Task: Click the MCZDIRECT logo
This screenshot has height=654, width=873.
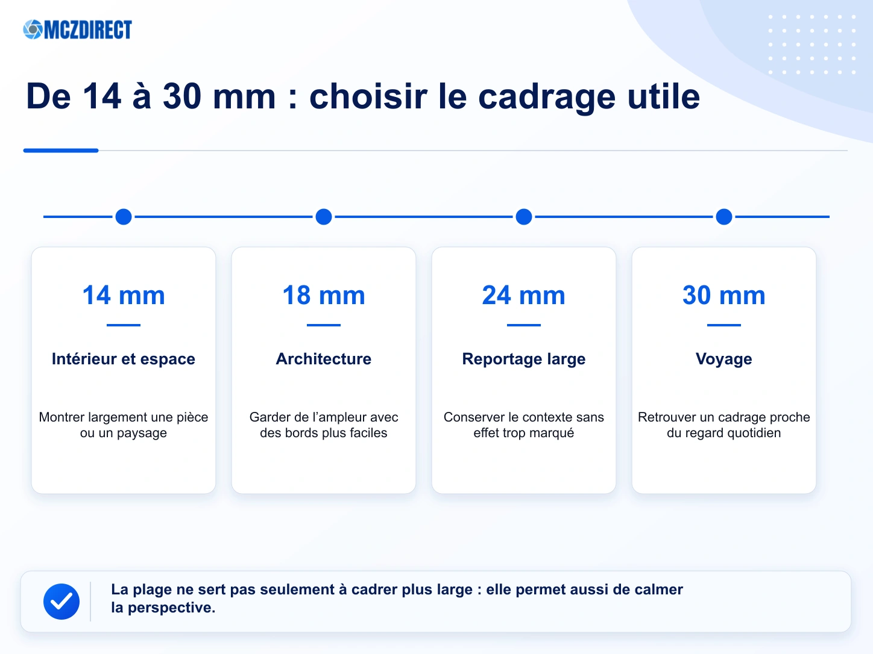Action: (78, 30)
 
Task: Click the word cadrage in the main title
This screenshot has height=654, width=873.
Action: (547, 98)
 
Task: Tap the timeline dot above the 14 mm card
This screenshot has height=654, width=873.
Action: (124, 217)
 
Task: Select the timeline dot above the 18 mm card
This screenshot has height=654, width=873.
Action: (324, 217)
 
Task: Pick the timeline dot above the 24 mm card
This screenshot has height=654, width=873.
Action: (524, 217)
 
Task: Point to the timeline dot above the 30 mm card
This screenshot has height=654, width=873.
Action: (724, 217)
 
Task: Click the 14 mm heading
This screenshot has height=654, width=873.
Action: (124, 295)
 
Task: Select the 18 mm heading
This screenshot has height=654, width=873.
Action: (324, 295)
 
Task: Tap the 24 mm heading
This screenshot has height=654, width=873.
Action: (524, 295)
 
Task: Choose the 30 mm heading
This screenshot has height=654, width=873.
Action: (724, 295)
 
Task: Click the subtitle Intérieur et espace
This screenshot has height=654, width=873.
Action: (124, 359)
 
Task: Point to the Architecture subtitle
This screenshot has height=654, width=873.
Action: (324, 359)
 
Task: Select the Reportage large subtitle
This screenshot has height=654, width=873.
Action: (524, 360)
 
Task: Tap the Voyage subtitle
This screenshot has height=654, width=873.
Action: (724, 360)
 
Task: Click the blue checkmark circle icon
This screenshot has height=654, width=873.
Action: (61, 602)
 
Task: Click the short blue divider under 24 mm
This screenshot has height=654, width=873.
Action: (524, 325)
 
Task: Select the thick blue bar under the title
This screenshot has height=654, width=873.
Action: (61, 151)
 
